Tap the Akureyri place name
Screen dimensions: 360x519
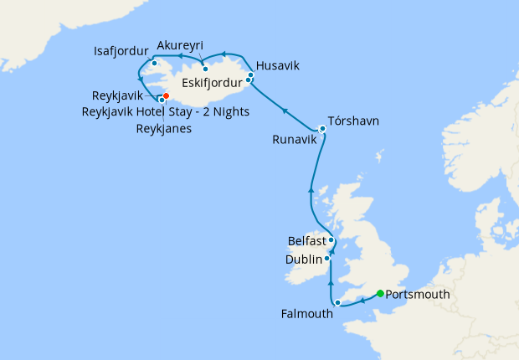(x=180, y=45)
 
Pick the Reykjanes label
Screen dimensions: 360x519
(x=165, y=128)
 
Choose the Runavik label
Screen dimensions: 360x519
(x=295, y=140)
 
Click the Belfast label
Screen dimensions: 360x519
(x=306, y=240)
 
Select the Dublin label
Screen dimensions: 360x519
(x=303, y=260)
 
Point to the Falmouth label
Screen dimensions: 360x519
(x=306, y=314)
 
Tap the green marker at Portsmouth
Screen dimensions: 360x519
(x=380, y=293)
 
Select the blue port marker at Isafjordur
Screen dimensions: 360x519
(x=155, y=63)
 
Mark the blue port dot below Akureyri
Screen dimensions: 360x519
(x=205, y=69)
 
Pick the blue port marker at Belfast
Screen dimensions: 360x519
(x=331, y=240)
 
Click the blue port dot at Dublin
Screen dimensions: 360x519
(x=327, y=259)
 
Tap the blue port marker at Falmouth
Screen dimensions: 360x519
(x=337, y=302)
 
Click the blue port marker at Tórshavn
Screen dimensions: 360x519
(x=322, y=128)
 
